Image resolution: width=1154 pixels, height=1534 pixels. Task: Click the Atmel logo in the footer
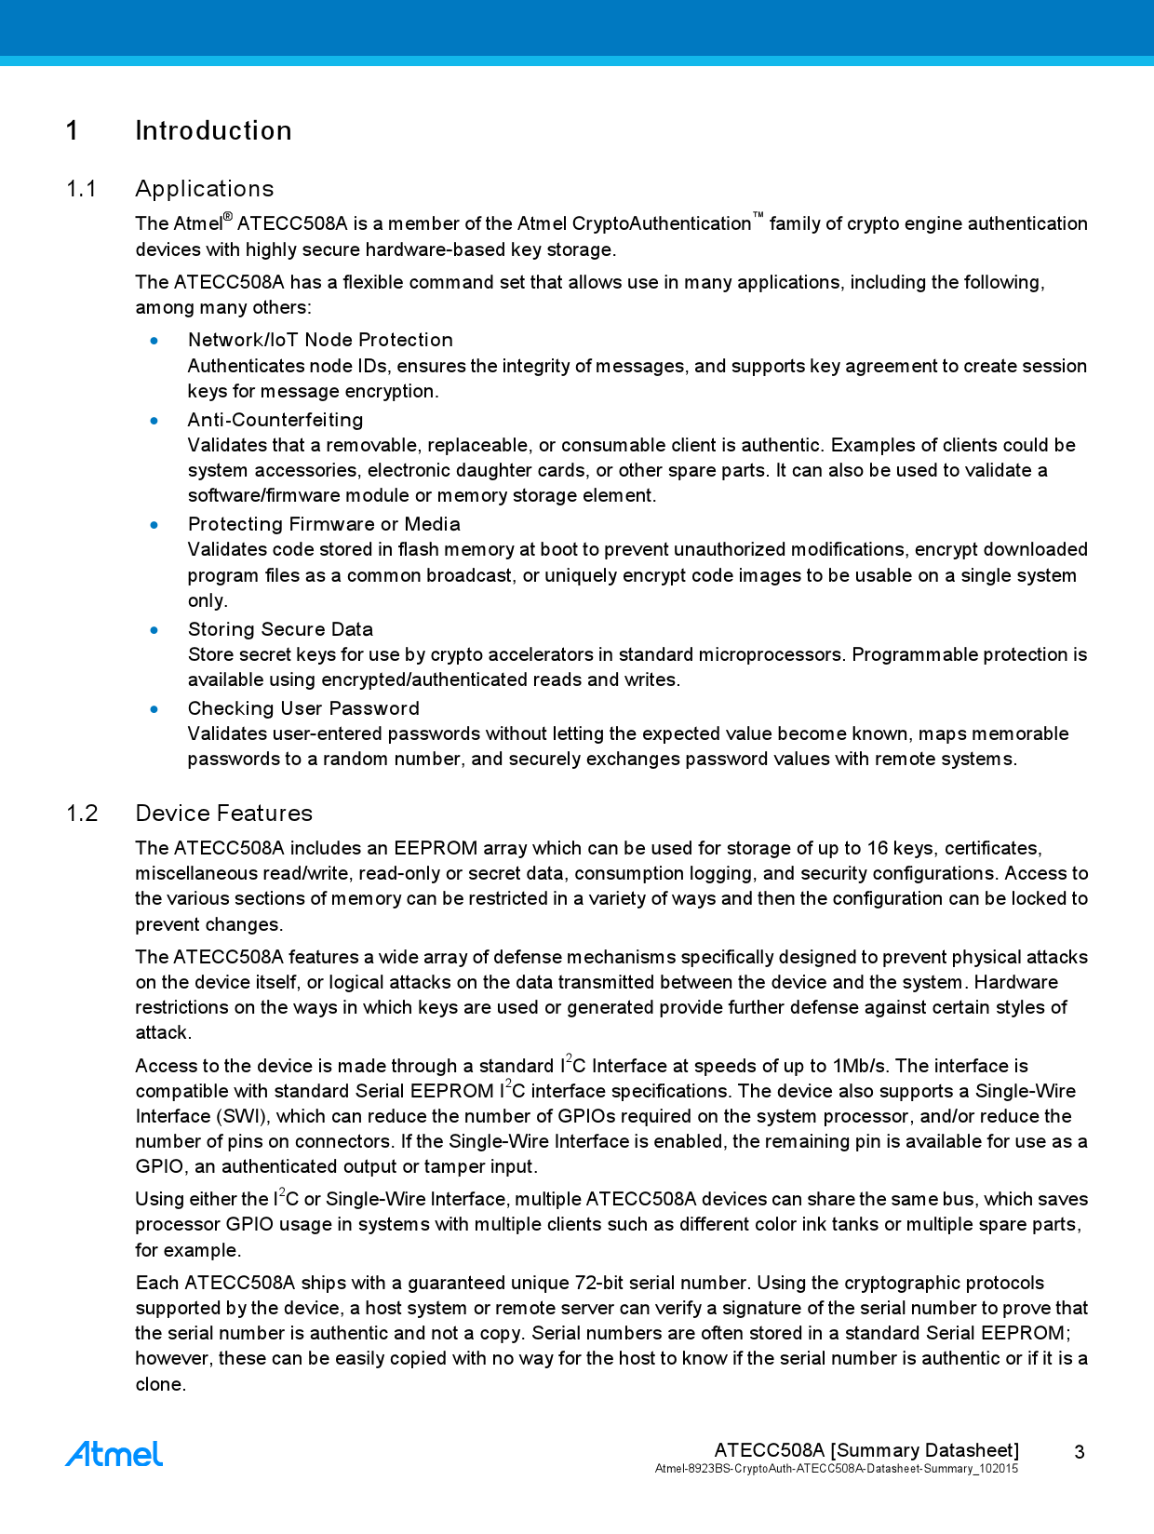coord(114,1454)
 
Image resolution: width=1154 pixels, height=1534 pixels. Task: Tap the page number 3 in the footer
coord(1080,1452)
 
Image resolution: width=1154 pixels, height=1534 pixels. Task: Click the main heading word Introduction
coord(213,130)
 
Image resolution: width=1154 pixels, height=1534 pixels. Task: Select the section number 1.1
coord(81,189)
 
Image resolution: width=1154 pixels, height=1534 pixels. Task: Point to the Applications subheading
coord(205,189)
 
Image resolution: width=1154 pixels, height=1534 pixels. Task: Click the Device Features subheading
coord(223,814)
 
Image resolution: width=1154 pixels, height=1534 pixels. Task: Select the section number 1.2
coord(82,814)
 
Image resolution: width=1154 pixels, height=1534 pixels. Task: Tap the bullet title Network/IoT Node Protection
coord(320,340)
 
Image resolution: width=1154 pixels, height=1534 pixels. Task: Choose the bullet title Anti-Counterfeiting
coord(275,420)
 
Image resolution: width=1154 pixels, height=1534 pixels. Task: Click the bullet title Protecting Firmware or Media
coord(324,524)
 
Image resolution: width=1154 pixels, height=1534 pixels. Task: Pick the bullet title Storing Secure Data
coord(280,629)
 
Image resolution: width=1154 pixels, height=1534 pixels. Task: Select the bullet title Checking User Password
coord(303,708)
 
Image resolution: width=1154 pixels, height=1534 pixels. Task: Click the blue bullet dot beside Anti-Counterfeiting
coord(154,421)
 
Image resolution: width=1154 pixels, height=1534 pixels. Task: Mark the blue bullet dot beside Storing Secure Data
coord(154,630)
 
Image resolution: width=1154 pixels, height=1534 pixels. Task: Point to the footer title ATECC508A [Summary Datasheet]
coord(866,1450)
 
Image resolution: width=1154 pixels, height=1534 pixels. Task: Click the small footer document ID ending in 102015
coord(837,1469)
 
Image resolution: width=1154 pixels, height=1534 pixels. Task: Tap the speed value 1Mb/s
coord(860,1066)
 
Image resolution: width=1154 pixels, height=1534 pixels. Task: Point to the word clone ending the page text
coord(160,1384)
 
